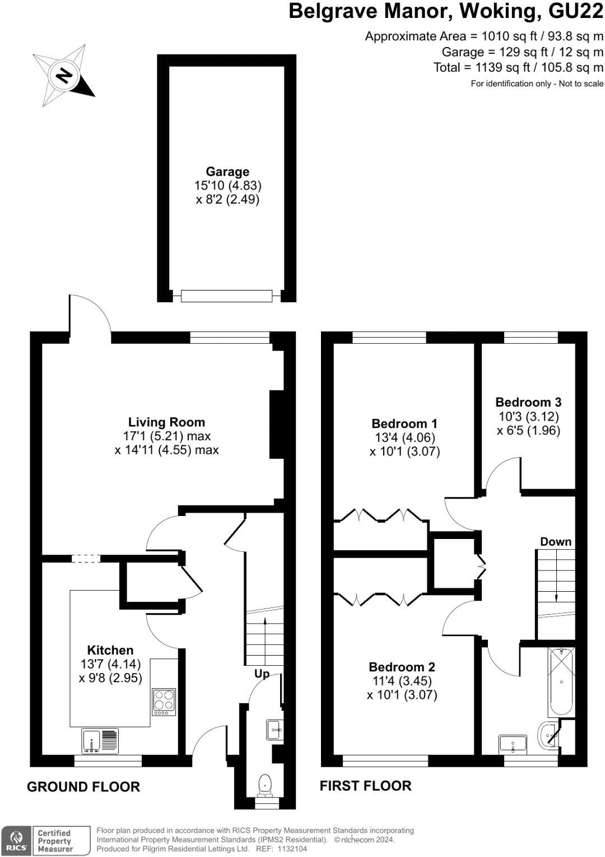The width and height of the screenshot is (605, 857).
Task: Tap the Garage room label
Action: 227,172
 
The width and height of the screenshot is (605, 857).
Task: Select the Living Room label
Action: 166,422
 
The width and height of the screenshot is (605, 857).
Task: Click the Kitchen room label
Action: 110,650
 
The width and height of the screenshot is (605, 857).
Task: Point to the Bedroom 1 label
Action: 404,423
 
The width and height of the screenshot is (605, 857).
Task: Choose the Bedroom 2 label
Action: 402,667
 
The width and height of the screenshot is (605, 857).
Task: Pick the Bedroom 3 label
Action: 528,402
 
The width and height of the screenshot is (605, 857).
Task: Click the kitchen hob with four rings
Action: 164,702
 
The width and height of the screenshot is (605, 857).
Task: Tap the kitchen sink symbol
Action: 100,740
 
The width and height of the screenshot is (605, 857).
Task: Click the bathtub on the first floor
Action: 561,681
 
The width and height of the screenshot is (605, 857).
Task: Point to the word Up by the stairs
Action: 262,674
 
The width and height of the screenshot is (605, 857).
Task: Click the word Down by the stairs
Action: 556,541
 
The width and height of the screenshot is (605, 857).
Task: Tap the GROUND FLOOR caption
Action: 83,786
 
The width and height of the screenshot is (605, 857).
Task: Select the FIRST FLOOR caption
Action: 365,786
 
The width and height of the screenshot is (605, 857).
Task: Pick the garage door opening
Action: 227,296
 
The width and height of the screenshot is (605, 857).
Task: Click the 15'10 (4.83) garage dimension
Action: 227,185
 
